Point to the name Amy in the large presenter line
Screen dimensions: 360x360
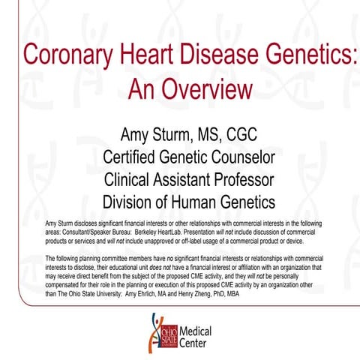click(137, 136)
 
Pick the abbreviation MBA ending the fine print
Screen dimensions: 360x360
click(314, 294)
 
